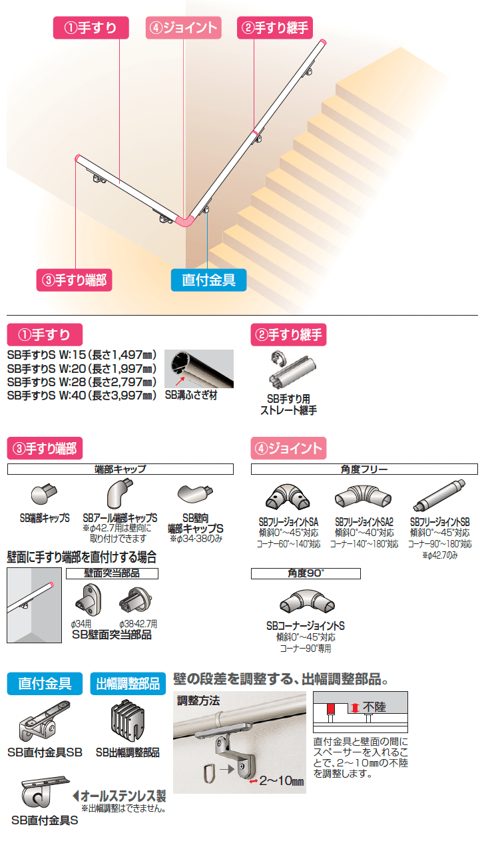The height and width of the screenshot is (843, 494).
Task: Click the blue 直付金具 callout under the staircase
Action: (209, 280)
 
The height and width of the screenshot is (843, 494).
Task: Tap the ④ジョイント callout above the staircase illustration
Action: (183, 27)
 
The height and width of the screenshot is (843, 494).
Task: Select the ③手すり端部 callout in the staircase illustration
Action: (74, 280)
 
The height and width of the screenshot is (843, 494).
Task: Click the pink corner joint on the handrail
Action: (185, 220)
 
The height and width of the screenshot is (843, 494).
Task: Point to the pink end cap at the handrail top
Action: (323, 42)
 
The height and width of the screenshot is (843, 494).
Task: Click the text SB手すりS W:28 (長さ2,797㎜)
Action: (82, 382)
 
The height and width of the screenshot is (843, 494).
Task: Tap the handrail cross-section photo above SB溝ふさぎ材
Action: (199, 369)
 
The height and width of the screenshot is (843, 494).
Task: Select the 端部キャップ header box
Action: (121, 469)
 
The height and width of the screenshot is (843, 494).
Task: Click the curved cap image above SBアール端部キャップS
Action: (120, 493)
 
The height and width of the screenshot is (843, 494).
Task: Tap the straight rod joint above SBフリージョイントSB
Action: (439, 495)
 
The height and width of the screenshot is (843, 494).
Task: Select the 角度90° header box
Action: (306, 573)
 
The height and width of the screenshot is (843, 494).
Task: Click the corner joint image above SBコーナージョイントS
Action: (307, 601)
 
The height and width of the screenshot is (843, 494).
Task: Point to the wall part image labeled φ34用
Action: (88, 600)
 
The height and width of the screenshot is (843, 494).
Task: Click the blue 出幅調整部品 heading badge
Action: (128, 683)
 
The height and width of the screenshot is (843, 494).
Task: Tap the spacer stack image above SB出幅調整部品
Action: (128, 721)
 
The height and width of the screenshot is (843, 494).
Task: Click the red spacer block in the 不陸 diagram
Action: (331, 709)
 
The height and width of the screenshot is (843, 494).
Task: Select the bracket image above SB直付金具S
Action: (45, 792)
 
